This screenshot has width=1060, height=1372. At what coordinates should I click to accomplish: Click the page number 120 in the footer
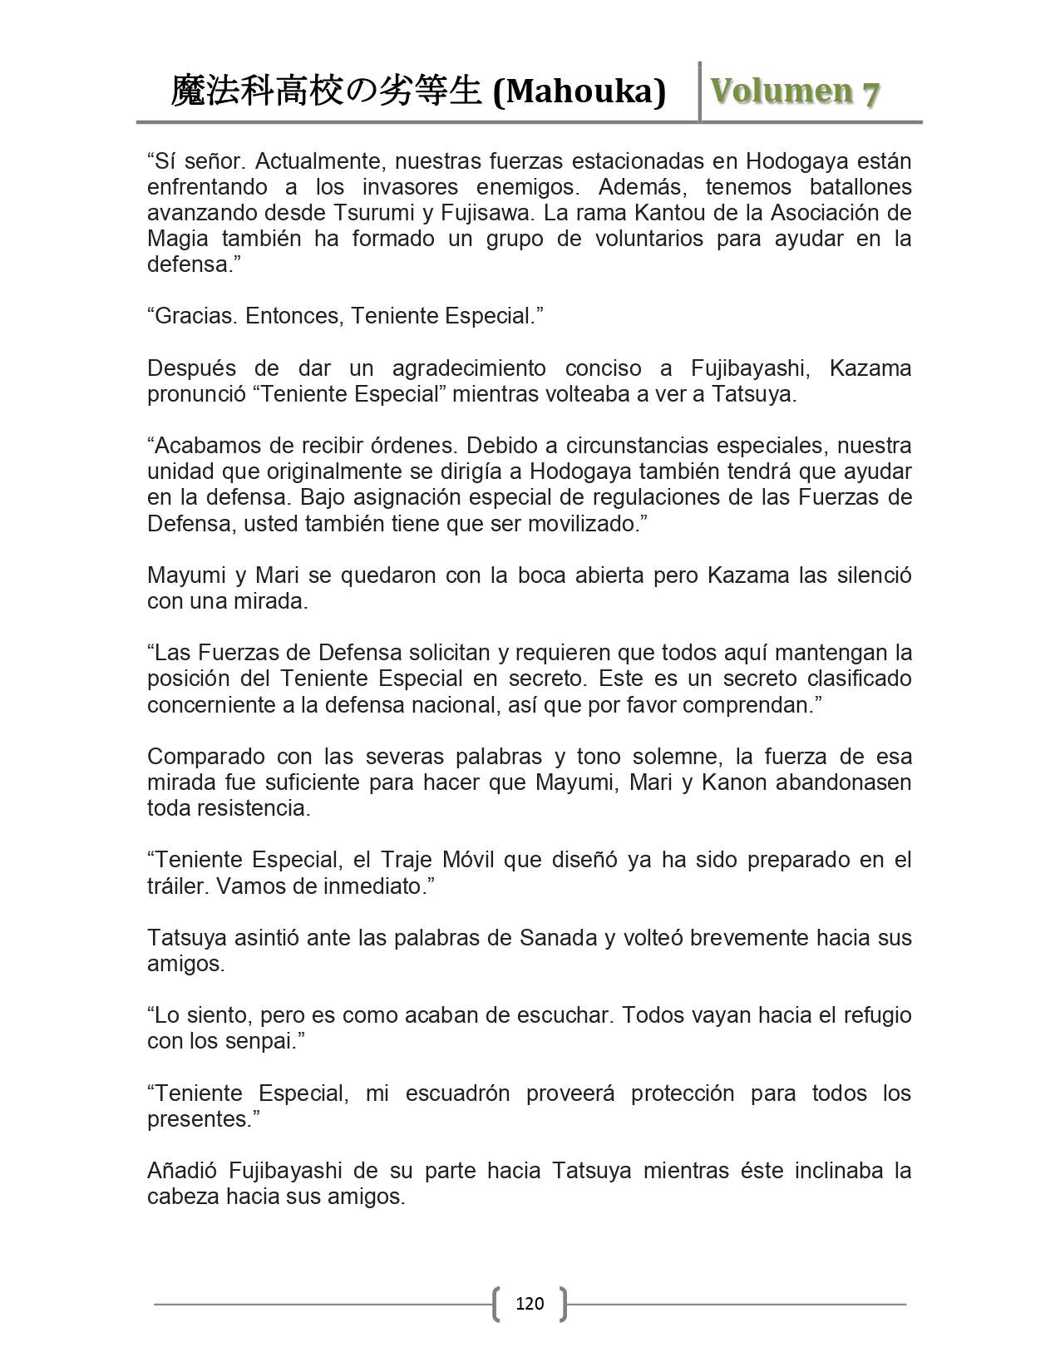click(530, 1303)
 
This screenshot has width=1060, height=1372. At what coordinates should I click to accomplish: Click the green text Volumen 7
click(794, 92)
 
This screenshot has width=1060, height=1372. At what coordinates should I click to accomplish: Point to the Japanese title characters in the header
click(326, 91)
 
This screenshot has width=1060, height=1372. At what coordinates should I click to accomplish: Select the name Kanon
click(734, 782)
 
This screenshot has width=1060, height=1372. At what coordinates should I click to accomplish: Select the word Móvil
click(465, 860)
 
